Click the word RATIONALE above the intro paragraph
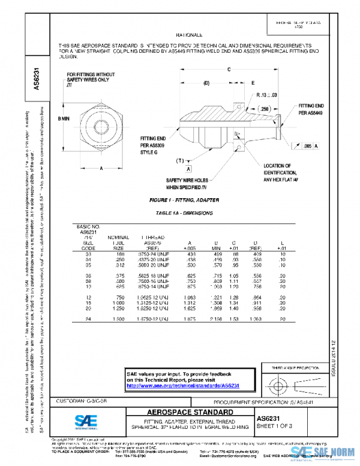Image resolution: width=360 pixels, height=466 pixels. point(190,36)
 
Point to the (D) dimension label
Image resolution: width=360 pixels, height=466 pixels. point(206,82)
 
